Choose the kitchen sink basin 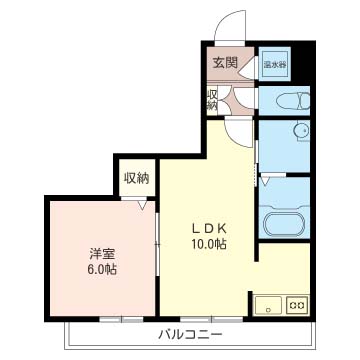tap(268, 304)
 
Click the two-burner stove tap(296, 304)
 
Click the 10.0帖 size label tap(209, 243)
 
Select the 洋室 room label tap(100, 253)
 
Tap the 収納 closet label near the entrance tap(212, 98)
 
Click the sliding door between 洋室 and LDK tap(156, 245)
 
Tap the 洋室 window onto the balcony tap(110, 318)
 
